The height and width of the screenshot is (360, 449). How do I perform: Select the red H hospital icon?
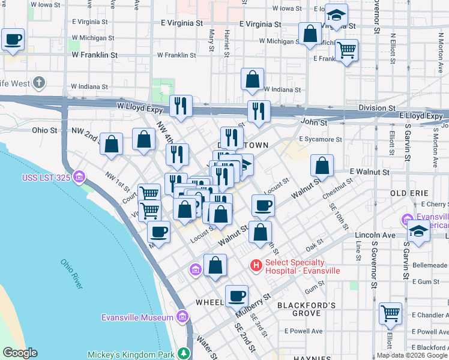click(x=256, y=265)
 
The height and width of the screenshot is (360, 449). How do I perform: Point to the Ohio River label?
click(x=71, y=274)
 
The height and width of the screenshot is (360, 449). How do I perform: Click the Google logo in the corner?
click(x=20, y=353)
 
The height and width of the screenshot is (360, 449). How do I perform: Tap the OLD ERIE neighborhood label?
click(x=409, y=193)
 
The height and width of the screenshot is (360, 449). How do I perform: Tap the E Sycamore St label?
click(x=321, y=139)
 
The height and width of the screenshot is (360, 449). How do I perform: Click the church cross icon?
click(x=40, y=83)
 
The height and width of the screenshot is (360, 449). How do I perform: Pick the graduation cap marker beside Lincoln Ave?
click(x=418, y=232)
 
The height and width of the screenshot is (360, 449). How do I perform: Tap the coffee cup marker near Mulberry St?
click(x=237, y=296)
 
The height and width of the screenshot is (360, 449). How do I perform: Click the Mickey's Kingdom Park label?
click(x=133, y=354)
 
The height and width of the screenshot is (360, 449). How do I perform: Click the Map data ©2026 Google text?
click(x=412, y=355)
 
